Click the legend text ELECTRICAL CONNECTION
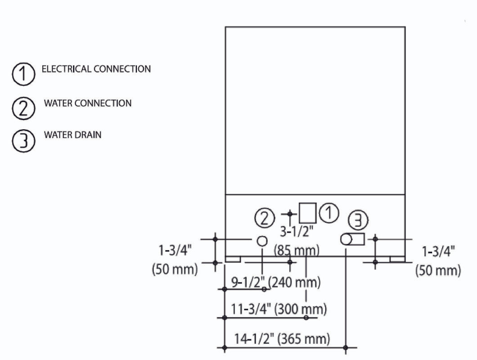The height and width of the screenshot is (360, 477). (96, 69)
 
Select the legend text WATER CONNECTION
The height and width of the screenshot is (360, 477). (88, 103)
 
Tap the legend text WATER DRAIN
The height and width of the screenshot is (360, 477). (72, 135)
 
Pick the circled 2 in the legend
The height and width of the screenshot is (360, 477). (23, 109)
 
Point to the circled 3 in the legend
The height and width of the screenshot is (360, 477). (23, 140)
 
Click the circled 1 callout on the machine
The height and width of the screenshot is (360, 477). (329, 213)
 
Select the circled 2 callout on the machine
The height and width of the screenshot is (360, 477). (265, 218)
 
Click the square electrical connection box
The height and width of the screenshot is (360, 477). (307, 213)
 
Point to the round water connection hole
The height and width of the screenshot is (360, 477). (262, 241)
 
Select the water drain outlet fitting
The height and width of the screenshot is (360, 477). (352, 239)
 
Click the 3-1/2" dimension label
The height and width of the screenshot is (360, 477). (297, 232)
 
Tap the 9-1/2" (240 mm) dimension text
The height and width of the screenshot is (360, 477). (276, 283)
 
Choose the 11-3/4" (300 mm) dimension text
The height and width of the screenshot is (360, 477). (279, 310)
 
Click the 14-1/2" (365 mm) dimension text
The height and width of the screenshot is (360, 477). (282, 338)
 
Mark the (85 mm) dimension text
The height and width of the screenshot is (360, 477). (297, 250)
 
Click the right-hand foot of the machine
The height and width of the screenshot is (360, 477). (397, 259)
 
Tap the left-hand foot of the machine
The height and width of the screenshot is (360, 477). (233, 259)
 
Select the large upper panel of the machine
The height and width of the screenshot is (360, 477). (315, 110)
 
